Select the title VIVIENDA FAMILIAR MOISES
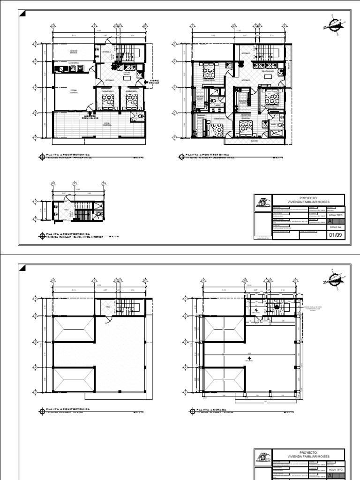pos(312,202)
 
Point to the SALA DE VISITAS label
pos(127,74)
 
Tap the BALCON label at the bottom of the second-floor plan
pos(254,140)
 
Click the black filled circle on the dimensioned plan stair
pos(277,307)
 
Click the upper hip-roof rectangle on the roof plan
pos(75,328)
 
